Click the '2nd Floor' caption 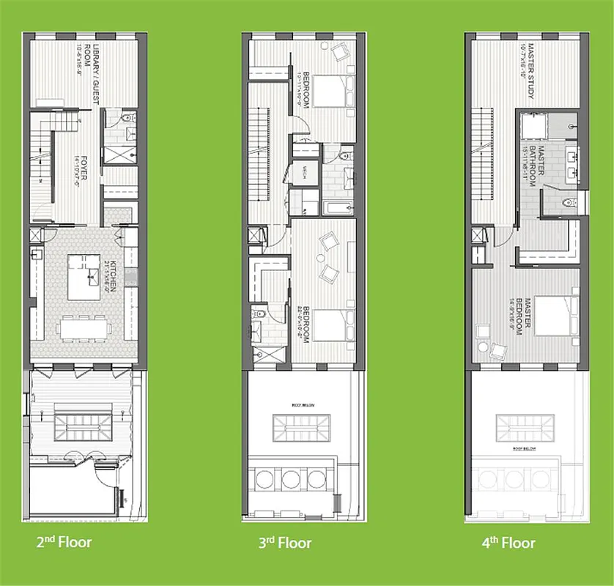[x=64, y=543]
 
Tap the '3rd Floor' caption [x=284, y=543]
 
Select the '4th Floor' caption [x=508, y=543]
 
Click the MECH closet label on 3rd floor [x=300, y=173]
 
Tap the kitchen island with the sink [x=84, y=277]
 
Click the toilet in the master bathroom [x=564, y=203]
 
